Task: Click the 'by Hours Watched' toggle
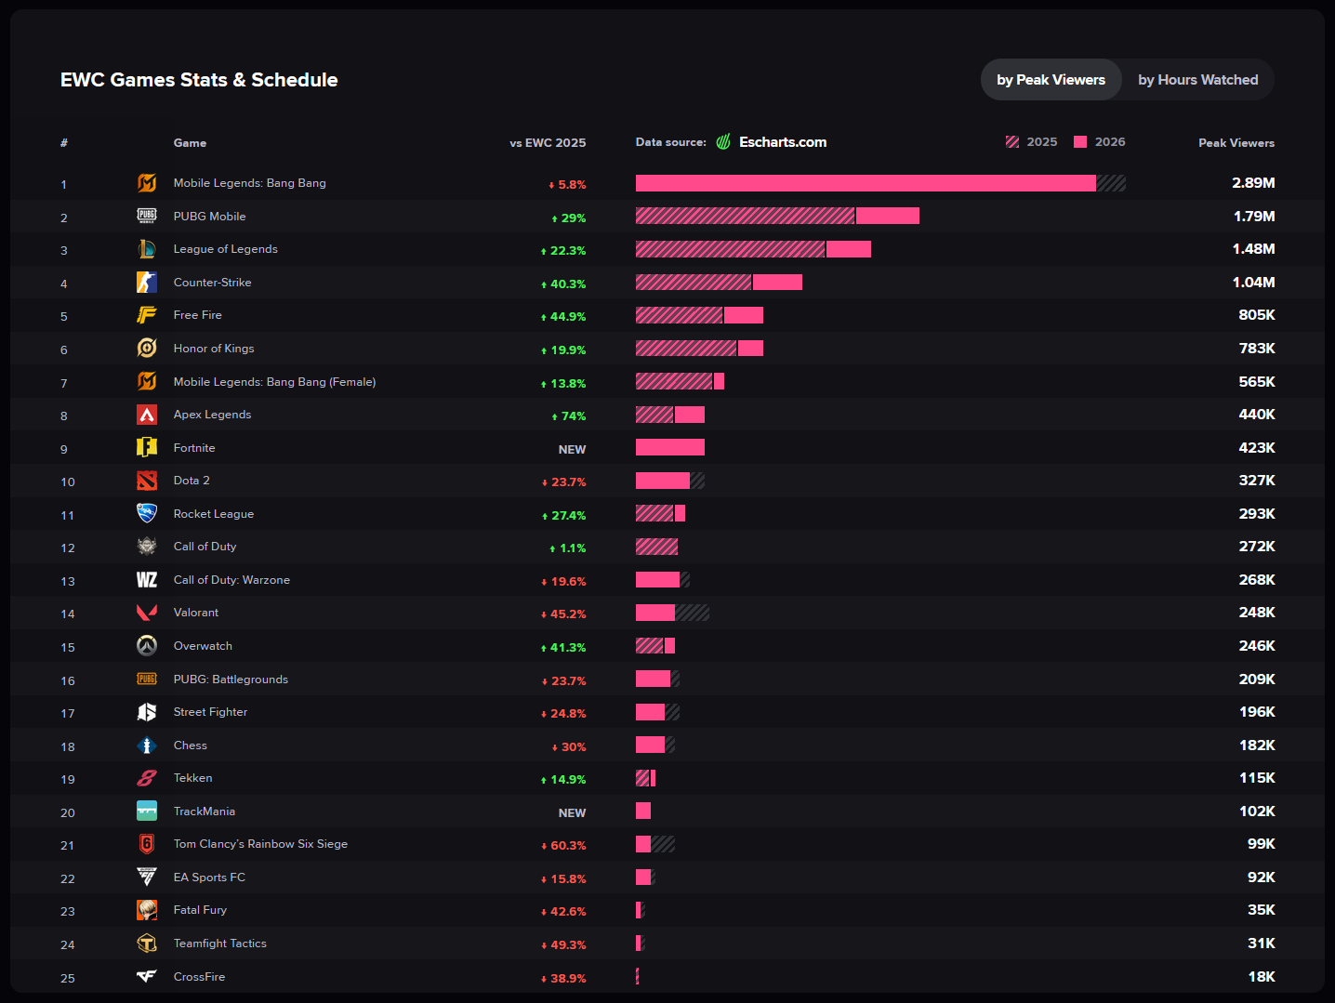[1197, 80]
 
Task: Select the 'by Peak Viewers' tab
[1051, 80]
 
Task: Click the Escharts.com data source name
[782, 142]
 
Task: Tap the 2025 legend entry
[1031, 142]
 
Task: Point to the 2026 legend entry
[1099, 142]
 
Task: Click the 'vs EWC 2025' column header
[548, 143]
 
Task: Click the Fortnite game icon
[147, 447]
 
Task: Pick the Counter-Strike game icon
[147, 282]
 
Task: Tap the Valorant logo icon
[147, 613]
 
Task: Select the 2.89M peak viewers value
[1253, 183]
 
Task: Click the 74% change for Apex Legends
[569, 416]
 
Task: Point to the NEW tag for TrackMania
[572, 812]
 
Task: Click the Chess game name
[190, 746]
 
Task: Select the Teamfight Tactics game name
[219, 944]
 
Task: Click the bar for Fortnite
[669, 447]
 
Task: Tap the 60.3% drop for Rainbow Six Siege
[563, 846]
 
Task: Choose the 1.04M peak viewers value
[1253, 282]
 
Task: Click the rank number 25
[68, 978]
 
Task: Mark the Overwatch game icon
[147, 645]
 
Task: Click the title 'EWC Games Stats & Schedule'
[199, 80]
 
